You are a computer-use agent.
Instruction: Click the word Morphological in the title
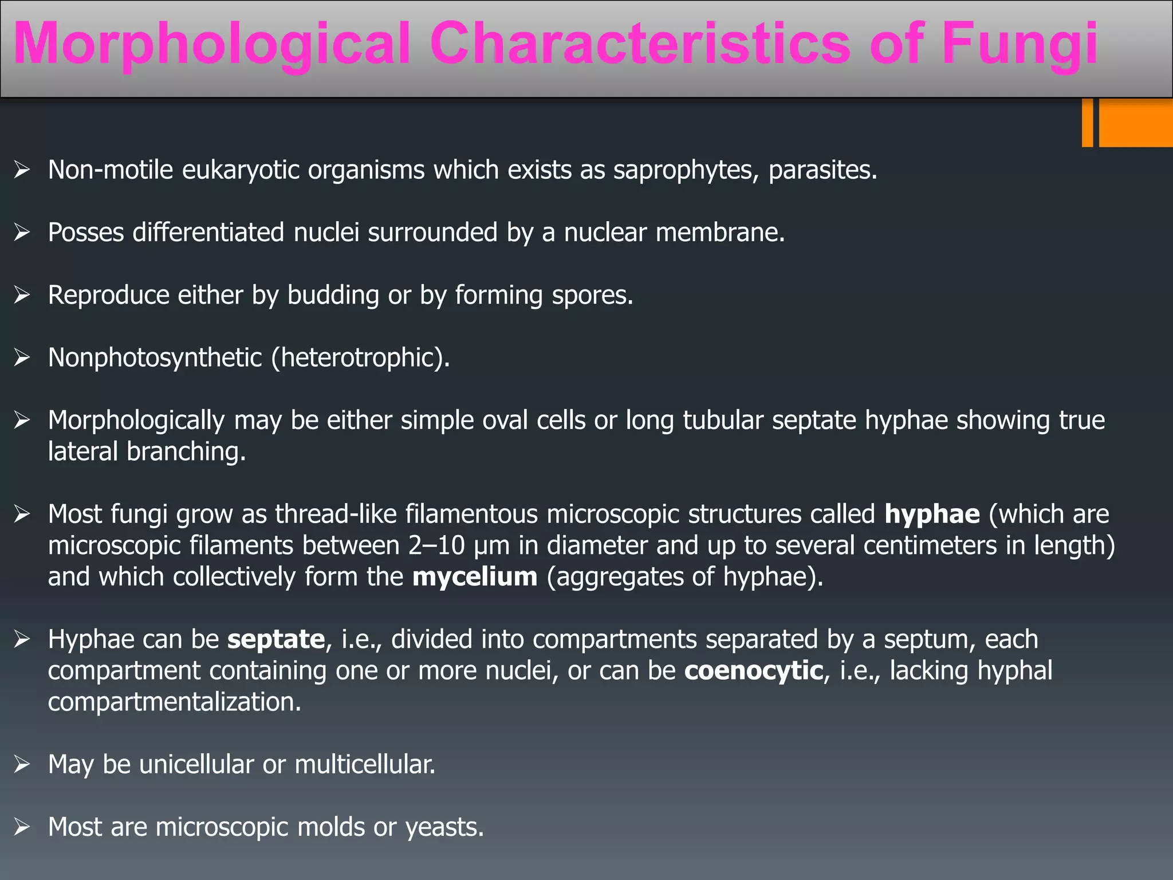(x=212, y=45)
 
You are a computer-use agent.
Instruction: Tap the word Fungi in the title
(x=1020, y=45)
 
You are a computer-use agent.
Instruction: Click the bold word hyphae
(x=932, y=514)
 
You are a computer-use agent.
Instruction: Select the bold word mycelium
(x=475, y=577)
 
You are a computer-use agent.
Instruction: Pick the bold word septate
(x=276, y=639)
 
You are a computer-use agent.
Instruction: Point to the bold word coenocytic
(x=753, y=671)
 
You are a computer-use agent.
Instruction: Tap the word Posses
(x=86, y=233)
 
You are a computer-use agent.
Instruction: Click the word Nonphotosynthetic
(x=155, y=358)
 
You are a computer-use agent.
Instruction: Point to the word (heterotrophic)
(x=361, y=358)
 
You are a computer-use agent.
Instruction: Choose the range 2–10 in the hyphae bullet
(x=436, y=545)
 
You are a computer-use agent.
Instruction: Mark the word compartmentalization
(x=174, y=702)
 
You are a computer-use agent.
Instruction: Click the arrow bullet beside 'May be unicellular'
(x=22, y=764)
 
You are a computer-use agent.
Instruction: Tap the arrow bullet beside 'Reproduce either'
(x=22, y=295)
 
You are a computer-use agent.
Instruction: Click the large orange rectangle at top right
(x=1136, y=123)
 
